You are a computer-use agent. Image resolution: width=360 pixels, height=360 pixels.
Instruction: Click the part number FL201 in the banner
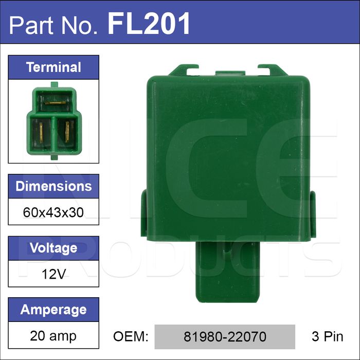coord(149,23)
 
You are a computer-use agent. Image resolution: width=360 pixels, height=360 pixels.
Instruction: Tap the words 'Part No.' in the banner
coord(53,25)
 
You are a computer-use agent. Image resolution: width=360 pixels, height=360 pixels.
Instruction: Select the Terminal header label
coord(53,67)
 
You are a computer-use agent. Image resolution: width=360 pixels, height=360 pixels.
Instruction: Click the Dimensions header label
coord(53,186)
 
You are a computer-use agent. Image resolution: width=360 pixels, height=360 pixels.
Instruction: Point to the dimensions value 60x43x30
coord(53,212)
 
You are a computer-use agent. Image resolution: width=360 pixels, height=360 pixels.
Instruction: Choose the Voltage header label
coord(53,248)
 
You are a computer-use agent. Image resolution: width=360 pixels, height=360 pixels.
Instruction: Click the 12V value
coord(53,274)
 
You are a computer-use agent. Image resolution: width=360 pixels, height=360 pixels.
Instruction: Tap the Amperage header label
coord(53,310)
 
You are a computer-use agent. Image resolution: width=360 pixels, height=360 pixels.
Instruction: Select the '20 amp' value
coord(53,336)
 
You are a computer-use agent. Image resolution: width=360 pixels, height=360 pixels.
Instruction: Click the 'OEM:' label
coord(131,336)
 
